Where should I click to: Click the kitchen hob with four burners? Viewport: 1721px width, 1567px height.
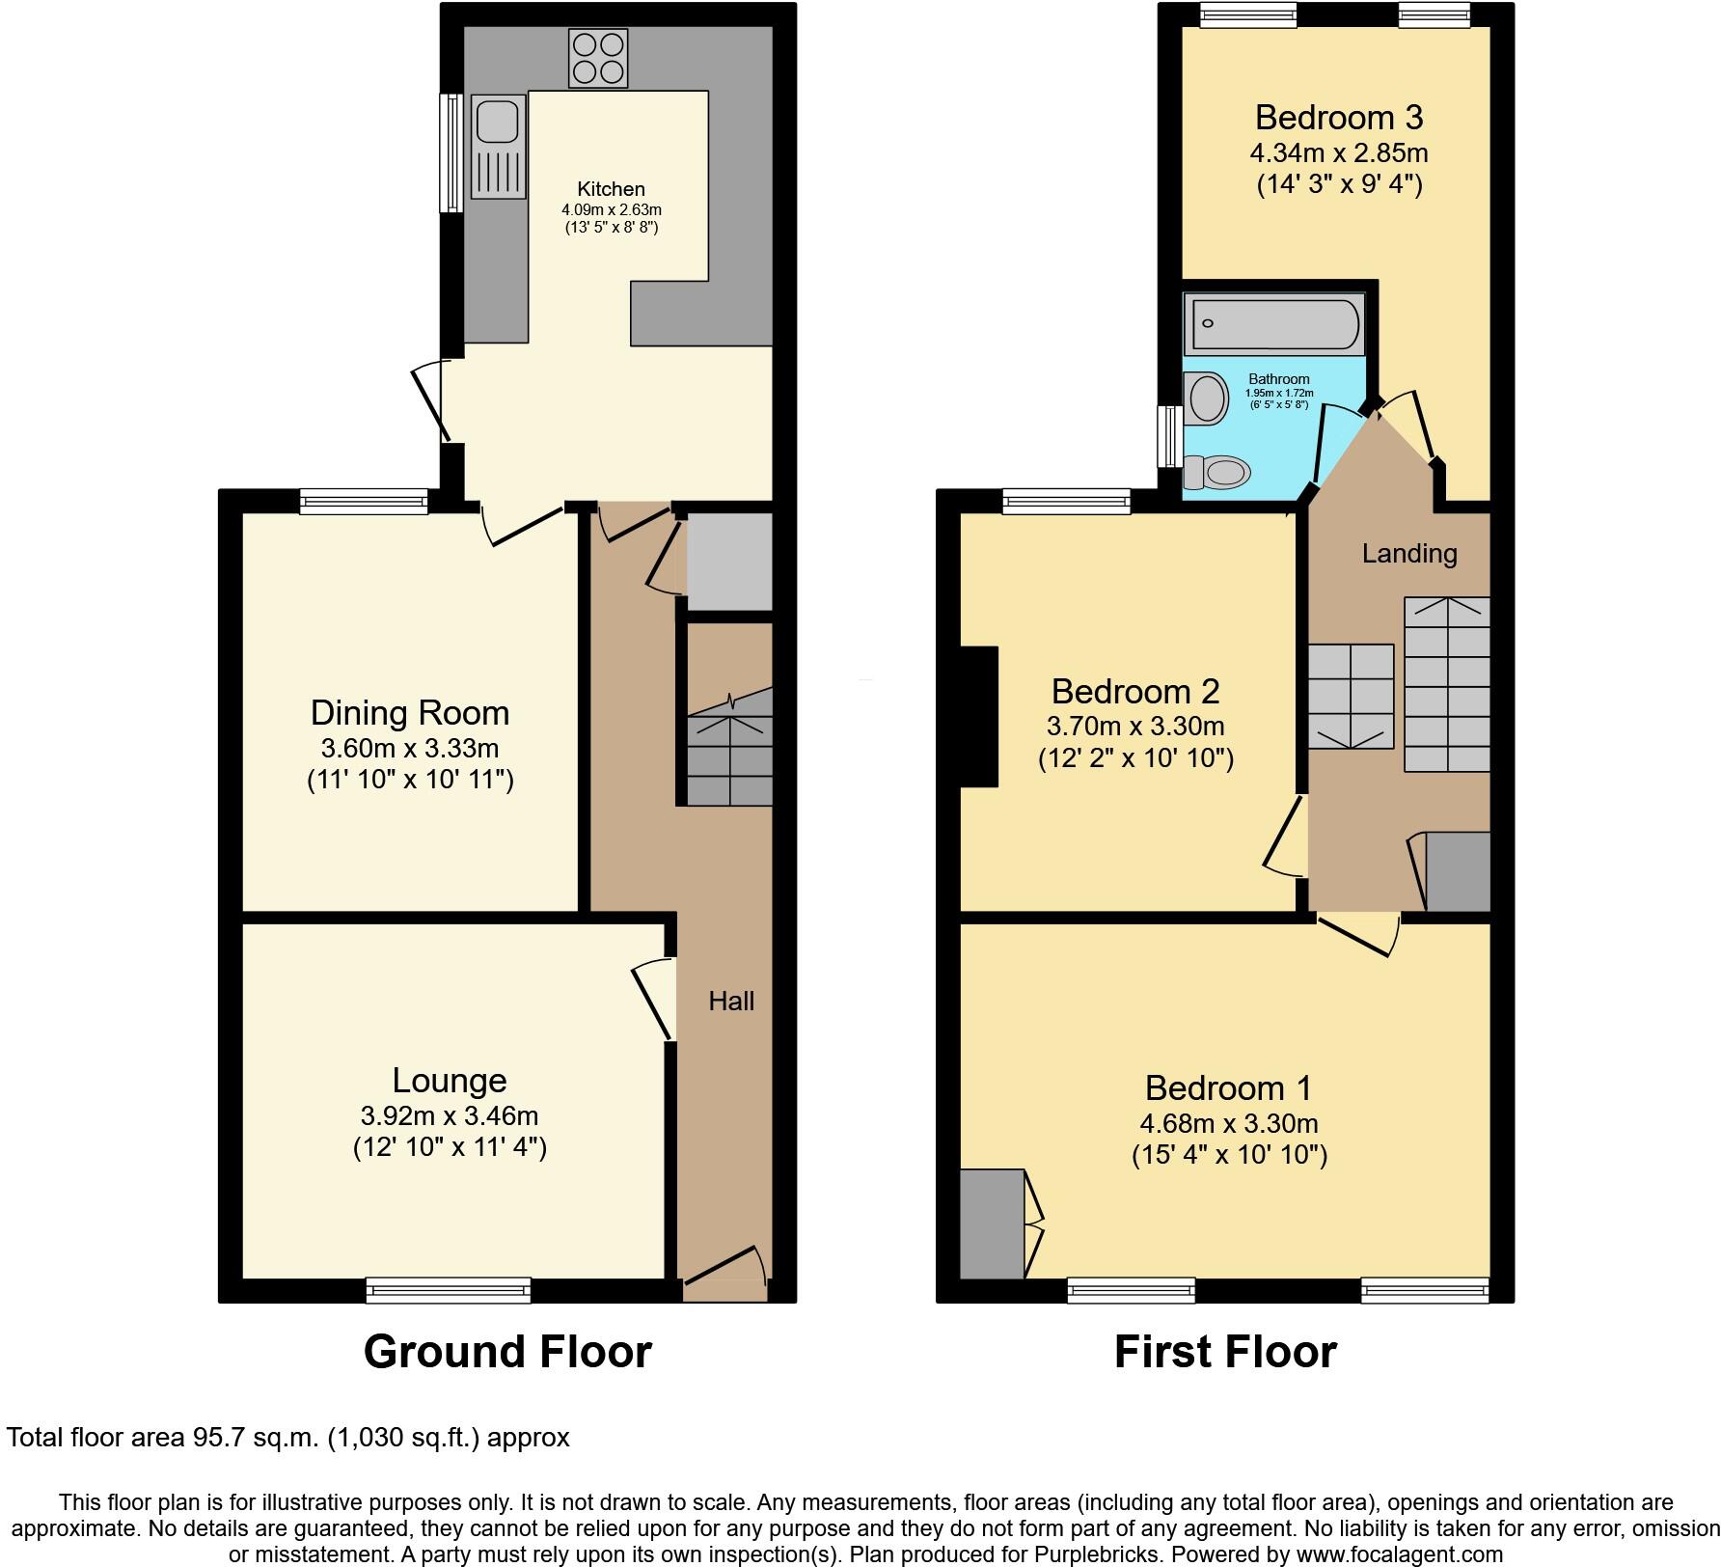(598, 58)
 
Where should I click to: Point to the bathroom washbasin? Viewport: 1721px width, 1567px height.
(1206, 398)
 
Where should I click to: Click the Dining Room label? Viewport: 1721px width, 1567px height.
(410, 713)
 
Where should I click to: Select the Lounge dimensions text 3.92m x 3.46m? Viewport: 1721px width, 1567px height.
(449, 1115)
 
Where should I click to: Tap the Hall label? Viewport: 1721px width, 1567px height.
(731, 1002)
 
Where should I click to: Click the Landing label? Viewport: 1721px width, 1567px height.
(1408, 554)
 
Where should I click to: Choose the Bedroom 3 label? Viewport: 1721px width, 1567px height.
(1339, 118)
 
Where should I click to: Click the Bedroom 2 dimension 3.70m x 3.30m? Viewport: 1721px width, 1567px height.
(1134, 727)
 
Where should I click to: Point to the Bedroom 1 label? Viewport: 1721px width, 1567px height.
(1228, 1088)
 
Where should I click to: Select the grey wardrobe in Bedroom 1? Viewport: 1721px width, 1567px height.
(992, 1223)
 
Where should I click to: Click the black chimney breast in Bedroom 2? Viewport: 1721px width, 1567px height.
(978, 716)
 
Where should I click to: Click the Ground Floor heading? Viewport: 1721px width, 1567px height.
(507, 1352)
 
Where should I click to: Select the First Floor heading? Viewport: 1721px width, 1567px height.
(1225, 1352)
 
